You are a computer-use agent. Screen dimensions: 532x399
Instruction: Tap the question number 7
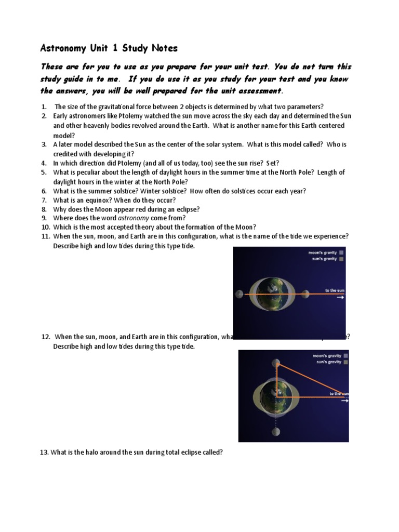coord(44,200)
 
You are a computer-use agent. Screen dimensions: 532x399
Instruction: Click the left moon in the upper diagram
coord(240,294)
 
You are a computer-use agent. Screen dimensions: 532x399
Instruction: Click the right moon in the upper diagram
coord(305,294)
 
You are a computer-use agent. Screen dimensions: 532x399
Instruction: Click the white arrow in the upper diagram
coord(340,298)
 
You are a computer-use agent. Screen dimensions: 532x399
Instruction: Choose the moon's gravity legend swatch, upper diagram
coord(341,253)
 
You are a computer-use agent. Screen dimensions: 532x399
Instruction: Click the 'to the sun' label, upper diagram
coord(335,290)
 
